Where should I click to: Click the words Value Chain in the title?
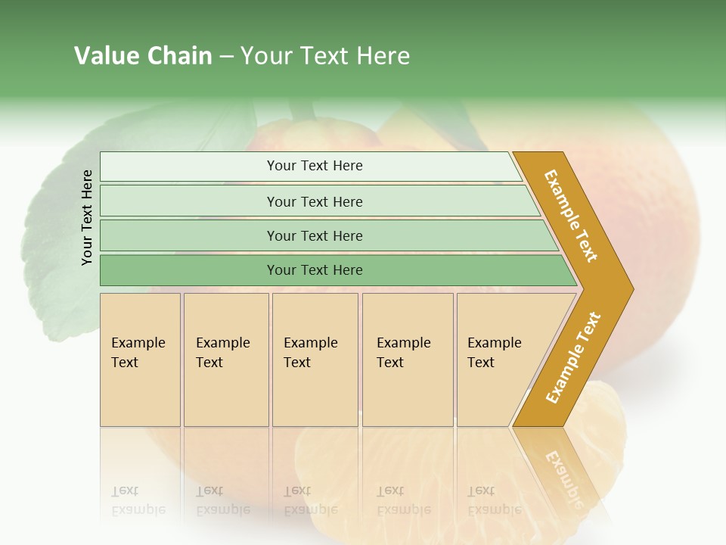tap(143, 56)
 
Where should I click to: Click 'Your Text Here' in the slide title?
tap(325, 56)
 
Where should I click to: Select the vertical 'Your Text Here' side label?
tap(87, 217)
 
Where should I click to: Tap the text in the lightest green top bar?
tap(315, 166)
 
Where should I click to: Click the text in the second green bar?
tap(315, 201)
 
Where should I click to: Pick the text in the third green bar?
tap(315, 235)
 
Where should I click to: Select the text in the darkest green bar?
tap(315, 270)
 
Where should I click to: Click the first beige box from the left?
tap(140, 360)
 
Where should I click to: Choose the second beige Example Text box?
tap(225, 360)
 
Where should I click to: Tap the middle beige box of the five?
tap(314, 360)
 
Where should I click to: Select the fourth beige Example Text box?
tap(407, 360)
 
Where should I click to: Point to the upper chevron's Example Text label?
tap(572, 216)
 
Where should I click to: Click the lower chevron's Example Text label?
tap(573, 358)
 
